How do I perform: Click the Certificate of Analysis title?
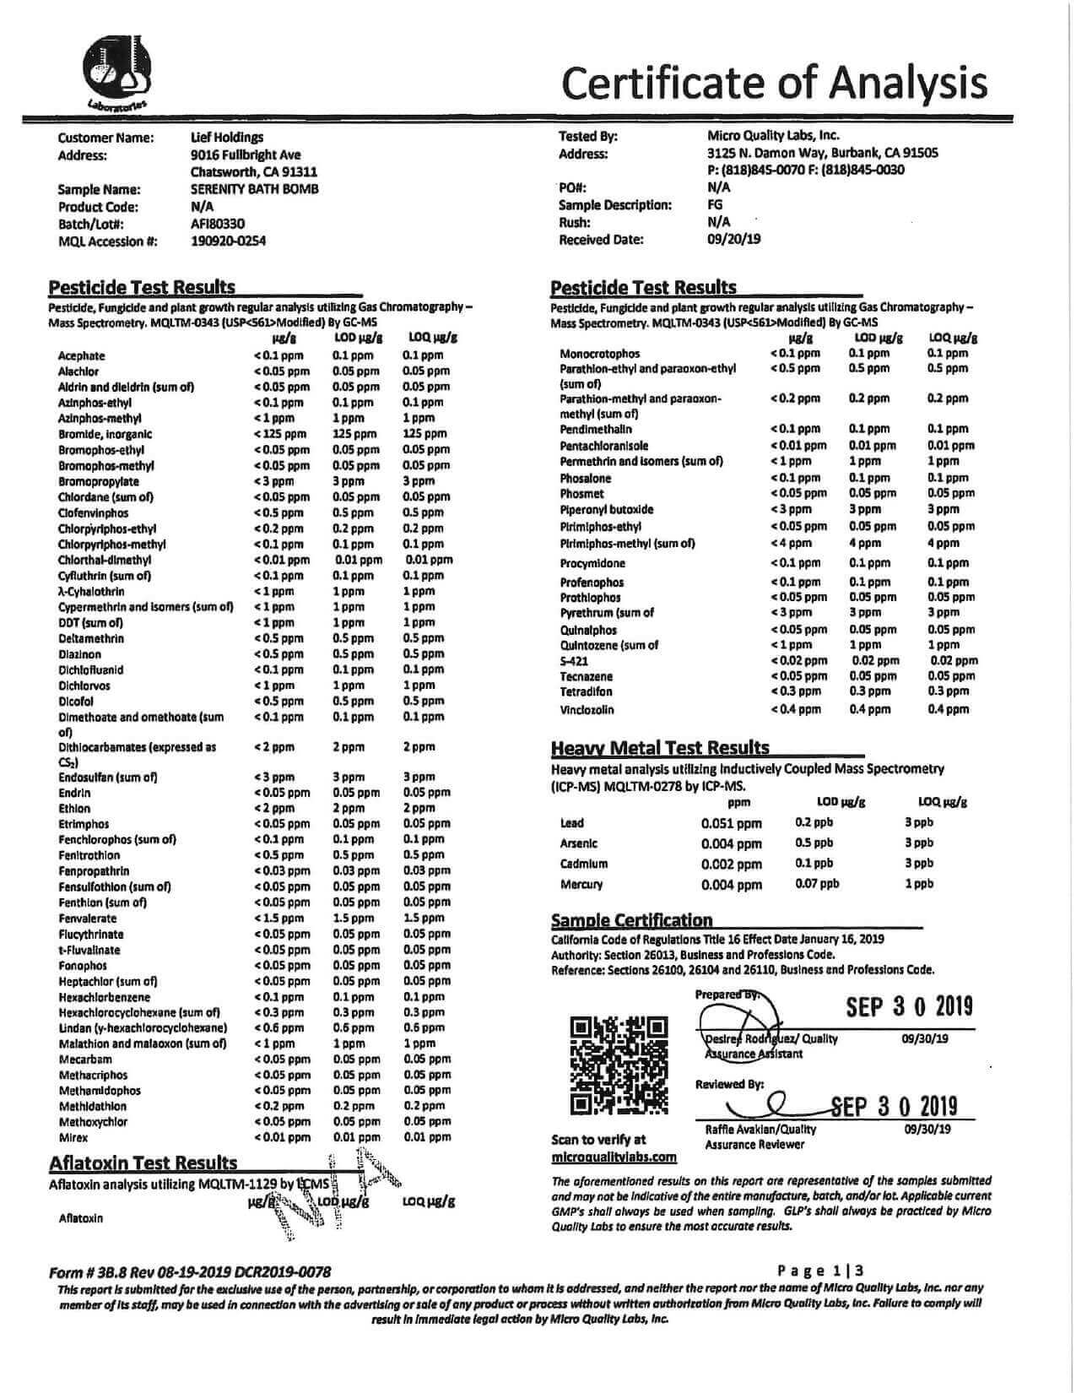[773, 82]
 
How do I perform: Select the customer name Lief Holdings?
[227, 137]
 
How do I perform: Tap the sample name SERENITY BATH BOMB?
[254, 189]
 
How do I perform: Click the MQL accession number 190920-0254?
[228, 241]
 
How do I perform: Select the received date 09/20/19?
[733, 239]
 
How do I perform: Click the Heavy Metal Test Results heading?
[660, 748]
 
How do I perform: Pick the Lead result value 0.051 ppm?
[731, 823]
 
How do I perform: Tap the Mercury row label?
[581, 885]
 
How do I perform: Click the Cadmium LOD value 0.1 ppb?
[814, 863]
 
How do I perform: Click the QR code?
[619, 1064]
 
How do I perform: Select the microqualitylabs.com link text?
[614, 1157]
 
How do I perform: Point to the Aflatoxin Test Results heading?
[143, 1163]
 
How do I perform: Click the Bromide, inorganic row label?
[105, 434]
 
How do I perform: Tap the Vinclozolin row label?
[587, 710]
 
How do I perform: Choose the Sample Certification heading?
[631, 920]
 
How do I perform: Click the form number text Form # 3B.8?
[101, 1271]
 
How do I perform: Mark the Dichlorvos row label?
[84, 686]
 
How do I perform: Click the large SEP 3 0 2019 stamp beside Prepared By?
[909, 1006]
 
